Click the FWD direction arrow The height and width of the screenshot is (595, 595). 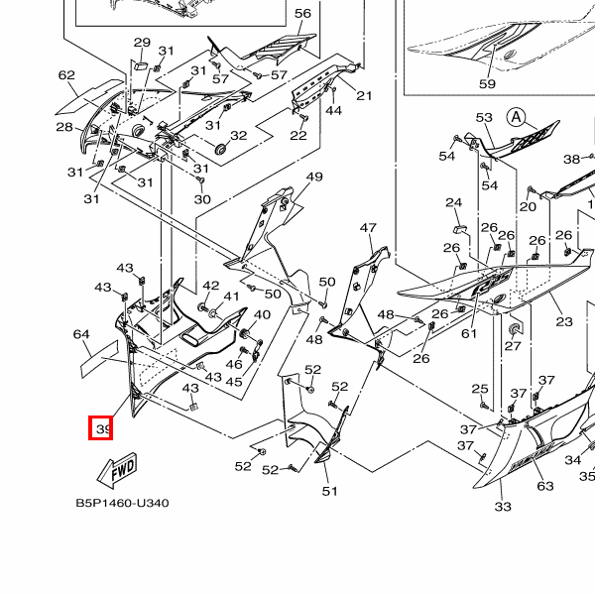[117, 470]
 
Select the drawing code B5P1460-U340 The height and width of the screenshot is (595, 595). [122, 503]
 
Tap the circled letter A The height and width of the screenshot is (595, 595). [516, 117]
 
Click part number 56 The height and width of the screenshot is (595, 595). [302, 14]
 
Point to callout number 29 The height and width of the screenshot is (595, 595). [142, 42]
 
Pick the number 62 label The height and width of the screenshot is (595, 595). [66, 75]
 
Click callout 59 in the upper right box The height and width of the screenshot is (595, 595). [487, 83]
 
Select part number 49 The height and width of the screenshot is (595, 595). [314, 177]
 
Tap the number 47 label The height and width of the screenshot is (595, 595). [368, 228]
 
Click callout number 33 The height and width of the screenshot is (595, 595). [503, 506]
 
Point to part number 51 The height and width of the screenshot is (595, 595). [330, 491]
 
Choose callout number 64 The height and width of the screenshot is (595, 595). [81, 334]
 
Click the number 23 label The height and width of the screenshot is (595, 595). [564, 322]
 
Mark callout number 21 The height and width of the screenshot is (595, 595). [364, 95]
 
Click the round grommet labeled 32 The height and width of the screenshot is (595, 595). [220, 149]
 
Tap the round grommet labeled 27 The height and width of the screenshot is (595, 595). [514, 328]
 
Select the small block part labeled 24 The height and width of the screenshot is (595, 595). [460, 229]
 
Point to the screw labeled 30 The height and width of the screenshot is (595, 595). [200, 179]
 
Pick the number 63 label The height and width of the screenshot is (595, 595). [545, 486]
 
